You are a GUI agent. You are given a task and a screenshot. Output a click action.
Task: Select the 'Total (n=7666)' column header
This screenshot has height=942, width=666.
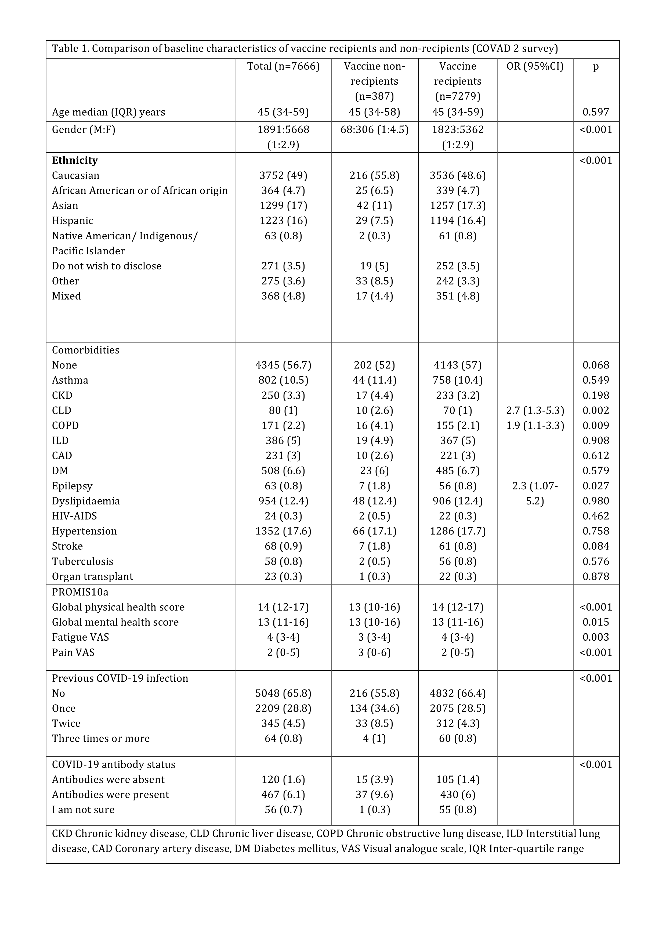283,66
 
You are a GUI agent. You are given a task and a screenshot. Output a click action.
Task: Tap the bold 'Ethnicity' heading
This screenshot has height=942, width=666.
75,160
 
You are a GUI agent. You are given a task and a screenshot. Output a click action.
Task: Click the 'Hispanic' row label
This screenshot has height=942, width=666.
73,221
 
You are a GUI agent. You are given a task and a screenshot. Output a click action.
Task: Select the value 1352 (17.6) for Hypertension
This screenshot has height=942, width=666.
283,531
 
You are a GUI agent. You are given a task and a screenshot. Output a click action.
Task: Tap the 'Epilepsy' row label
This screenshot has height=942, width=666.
72,486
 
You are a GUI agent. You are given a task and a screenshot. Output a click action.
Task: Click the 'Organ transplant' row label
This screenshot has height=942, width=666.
92,576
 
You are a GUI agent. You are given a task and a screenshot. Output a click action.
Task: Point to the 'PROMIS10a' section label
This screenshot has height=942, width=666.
80,592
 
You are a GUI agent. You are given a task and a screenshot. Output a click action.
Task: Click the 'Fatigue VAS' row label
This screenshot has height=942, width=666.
80,637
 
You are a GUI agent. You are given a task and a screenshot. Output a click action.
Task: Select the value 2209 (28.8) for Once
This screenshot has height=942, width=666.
283,708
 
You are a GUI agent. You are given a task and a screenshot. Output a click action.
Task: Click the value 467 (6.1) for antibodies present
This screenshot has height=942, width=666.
283,795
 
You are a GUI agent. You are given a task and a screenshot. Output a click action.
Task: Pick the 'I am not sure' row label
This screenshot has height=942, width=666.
83,810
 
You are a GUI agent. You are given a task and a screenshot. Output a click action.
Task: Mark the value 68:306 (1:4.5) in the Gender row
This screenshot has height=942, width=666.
374,130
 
